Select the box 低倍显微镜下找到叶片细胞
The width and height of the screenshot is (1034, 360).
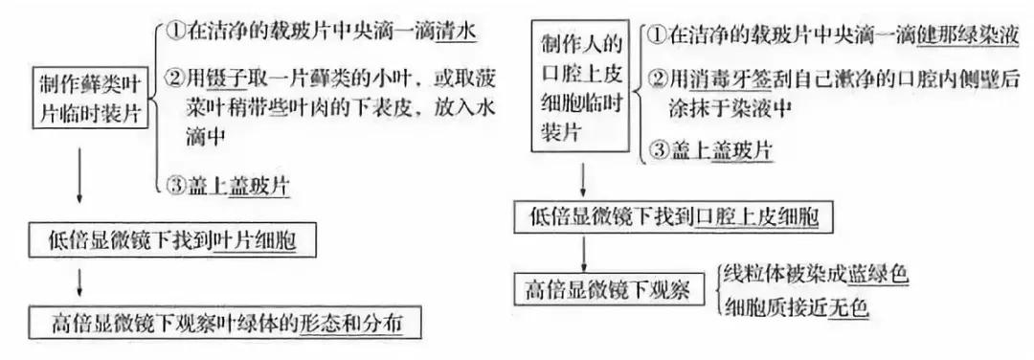[164, 240]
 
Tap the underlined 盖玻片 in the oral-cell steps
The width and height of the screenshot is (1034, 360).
[743, 151]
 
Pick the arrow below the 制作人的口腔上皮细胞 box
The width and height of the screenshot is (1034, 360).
[584, 179]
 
